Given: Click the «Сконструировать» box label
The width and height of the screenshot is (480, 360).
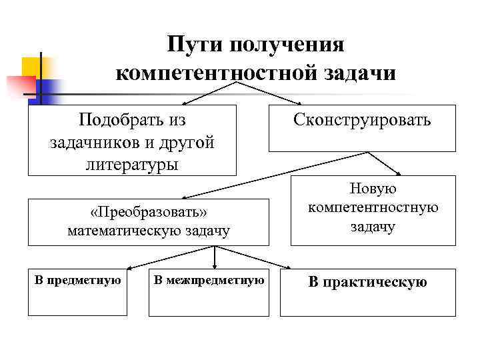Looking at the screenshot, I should coord(362,120).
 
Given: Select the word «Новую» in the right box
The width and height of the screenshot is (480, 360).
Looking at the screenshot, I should coord(373,189).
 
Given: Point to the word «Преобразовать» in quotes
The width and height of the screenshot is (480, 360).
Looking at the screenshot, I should coord(149,212).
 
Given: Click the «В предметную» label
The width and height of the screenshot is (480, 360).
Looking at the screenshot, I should coord(77,279).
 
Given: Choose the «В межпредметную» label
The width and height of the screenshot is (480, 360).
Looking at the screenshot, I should coord(209,279).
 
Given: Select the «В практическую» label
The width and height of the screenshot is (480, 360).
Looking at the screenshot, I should coord(367,283).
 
